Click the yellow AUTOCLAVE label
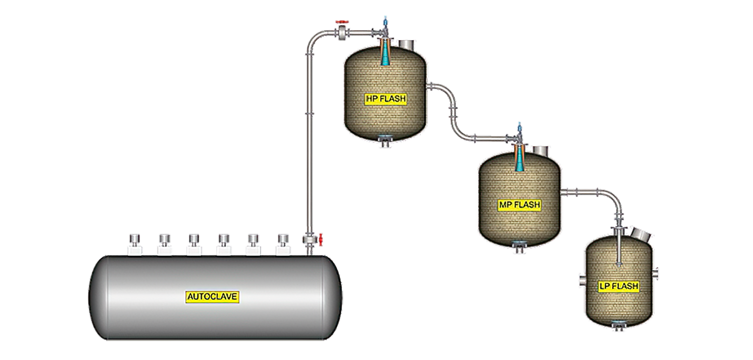coord(212,297)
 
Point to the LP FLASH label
coord(619,286)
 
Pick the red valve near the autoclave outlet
coord(321,240)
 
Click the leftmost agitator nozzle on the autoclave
coord(134,244)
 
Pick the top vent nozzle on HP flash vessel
coord(406,45)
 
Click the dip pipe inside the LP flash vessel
coord(619,250)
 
